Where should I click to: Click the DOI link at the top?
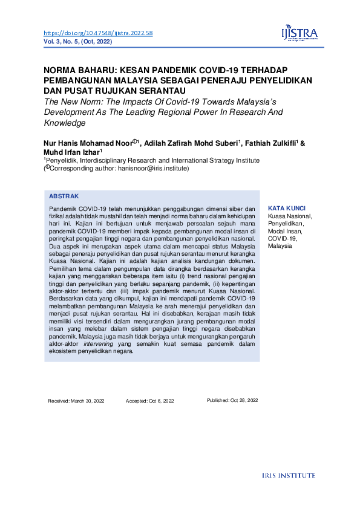(x=98, y=33)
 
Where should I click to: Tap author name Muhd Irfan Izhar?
(x=70, y=152)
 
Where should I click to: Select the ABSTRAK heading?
(x=64, y=196)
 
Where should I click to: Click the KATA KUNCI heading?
(x=286, y=207)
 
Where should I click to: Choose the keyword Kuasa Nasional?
(x=290, y=216)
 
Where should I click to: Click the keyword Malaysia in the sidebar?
(x=280, y=247)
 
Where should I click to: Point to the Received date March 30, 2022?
(x=76, y=401)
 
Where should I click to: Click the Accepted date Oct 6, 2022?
(x=149, y=401)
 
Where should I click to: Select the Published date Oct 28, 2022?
(x=232, y=400)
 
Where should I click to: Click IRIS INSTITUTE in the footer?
(x=289, y=476)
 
